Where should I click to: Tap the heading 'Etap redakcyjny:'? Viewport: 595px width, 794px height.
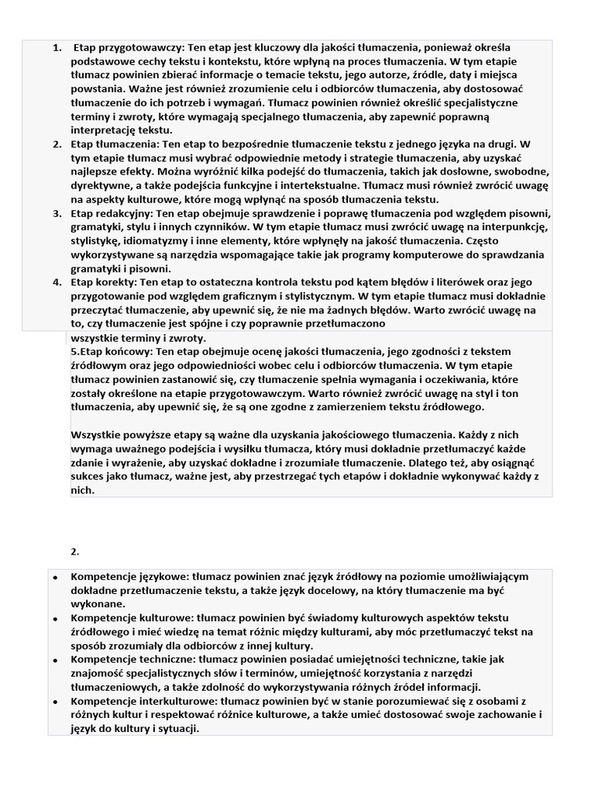(112, 213)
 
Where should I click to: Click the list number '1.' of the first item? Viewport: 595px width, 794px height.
(57, 47)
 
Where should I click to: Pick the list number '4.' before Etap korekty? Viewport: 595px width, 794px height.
(57, 282)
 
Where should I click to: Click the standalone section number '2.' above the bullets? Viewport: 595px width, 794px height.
(75, 551)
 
